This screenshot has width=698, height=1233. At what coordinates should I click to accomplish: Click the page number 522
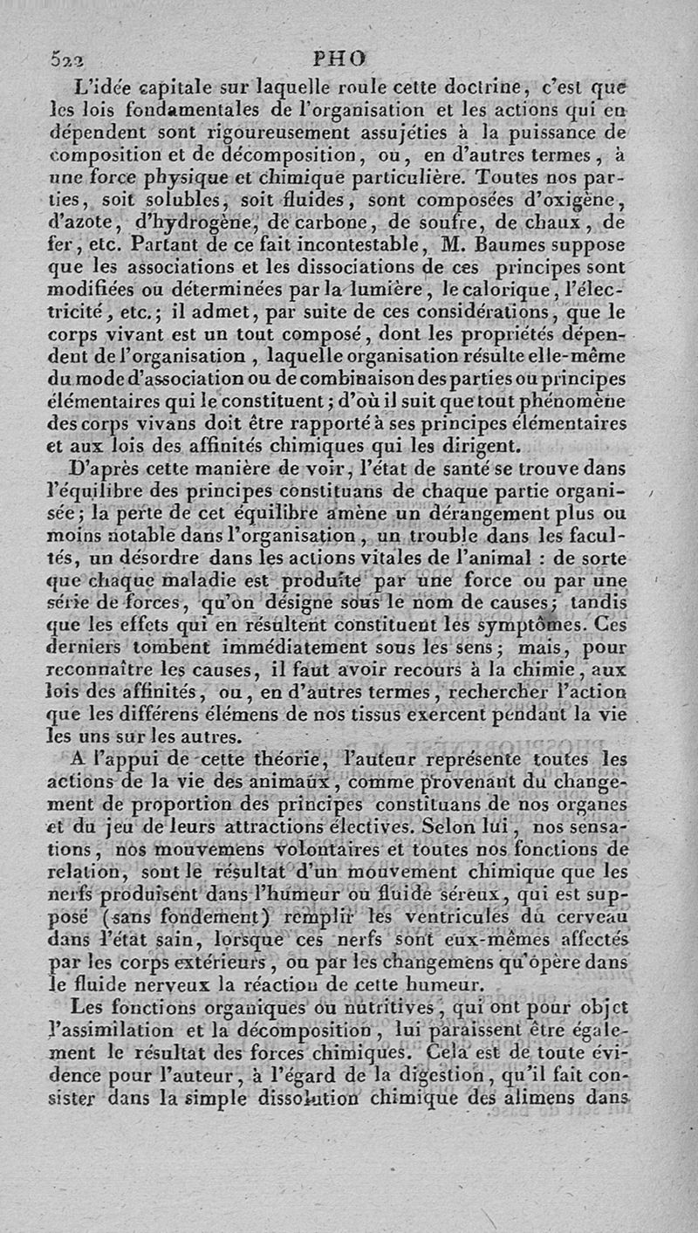pos(64,61)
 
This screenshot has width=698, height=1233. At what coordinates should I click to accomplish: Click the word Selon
pos(480,825)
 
